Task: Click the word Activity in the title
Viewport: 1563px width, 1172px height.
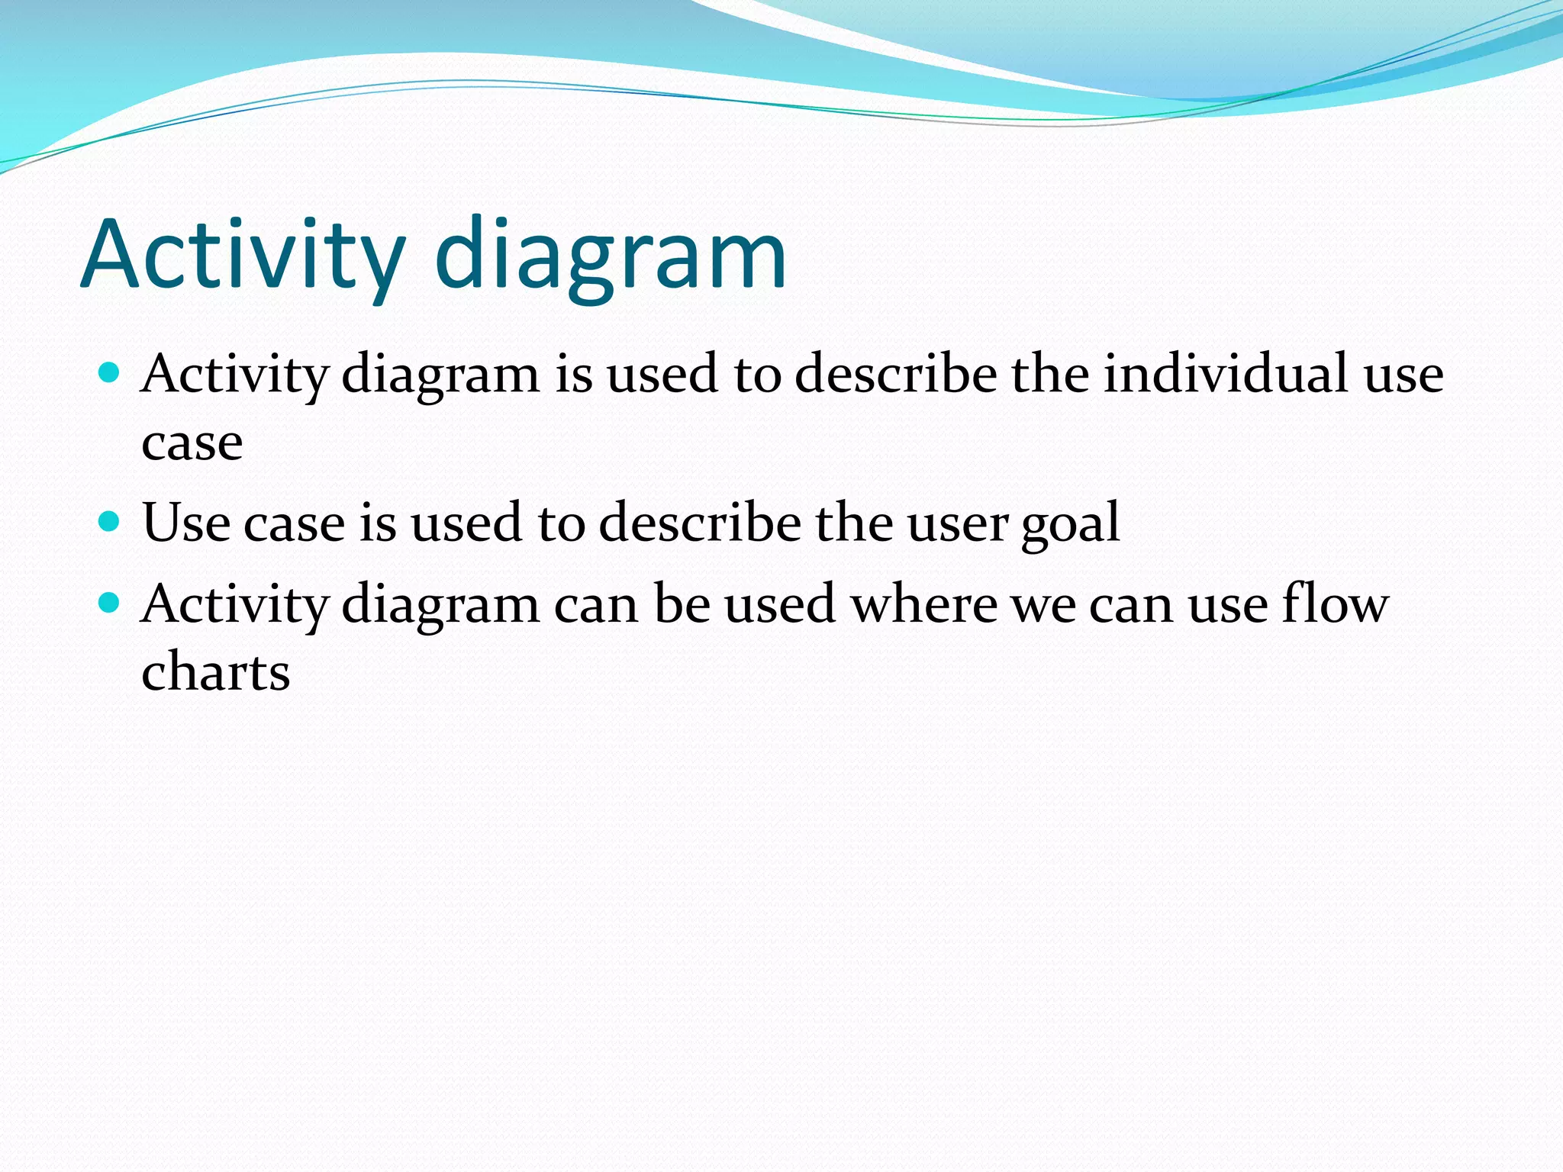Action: [x=243, y=256]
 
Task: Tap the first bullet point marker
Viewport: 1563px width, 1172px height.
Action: [x=110, y=373]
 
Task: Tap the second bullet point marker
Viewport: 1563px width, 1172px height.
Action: [x=110, y=522]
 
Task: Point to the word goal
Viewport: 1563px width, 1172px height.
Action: [x=1071, y=524]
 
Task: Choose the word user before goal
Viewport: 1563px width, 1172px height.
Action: [x=958, y=524]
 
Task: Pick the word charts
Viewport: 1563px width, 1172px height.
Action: [x=216, y=672]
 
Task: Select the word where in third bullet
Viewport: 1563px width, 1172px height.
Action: [x=924, y=604]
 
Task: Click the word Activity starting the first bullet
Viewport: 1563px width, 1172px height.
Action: [x=235, y=375]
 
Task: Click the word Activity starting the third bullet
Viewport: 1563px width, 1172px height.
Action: [x=235, y=605]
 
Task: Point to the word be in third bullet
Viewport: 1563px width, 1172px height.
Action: [x=682, y=604]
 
